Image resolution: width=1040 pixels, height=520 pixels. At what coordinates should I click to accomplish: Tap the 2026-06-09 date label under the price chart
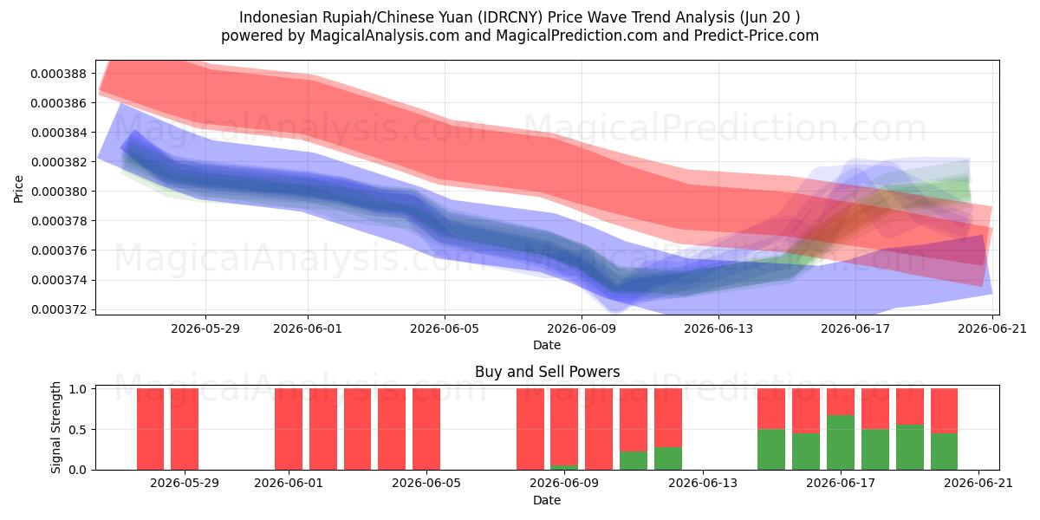[582, 328]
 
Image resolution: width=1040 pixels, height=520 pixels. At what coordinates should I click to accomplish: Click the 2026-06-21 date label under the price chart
[992, 328]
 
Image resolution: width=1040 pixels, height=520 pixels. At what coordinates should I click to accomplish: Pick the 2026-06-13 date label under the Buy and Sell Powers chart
[703, 484]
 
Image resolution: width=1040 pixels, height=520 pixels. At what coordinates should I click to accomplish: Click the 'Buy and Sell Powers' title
[548, 372]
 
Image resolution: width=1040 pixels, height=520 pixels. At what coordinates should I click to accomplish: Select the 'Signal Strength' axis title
[56, 427]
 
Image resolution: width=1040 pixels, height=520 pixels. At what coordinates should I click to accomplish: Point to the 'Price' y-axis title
[18, 189]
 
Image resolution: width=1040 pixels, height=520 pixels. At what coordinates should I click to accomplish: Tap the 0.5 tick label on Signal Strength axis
[77, 430]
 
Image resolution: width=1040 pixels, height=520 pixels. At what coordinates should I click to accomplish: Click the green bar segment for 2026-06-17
[841, 443]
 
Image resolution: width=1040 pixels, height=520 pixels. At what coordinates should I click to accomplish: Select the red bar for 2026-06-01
[289, 429]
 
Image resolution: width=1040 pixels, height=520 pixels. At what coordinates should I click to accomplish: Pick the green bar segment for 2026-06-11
[634, 460]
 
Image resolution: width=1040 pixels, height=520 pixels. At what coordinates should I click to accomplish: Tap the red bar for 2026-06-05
[426, 429]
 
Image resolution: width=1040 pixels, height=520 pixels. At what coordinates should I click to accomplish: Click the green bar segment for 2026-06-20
[945, 452]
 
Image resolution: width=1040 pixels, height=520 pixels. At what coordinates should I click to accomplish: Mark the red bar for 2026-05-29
[185, 429]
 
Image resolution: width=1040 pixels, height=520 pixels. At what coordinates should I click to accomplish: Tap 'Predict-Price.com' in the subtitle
[757, 36]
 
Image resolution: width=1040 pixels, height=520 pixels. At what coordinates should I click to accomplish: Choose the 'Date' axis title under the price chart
[547, 345]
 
